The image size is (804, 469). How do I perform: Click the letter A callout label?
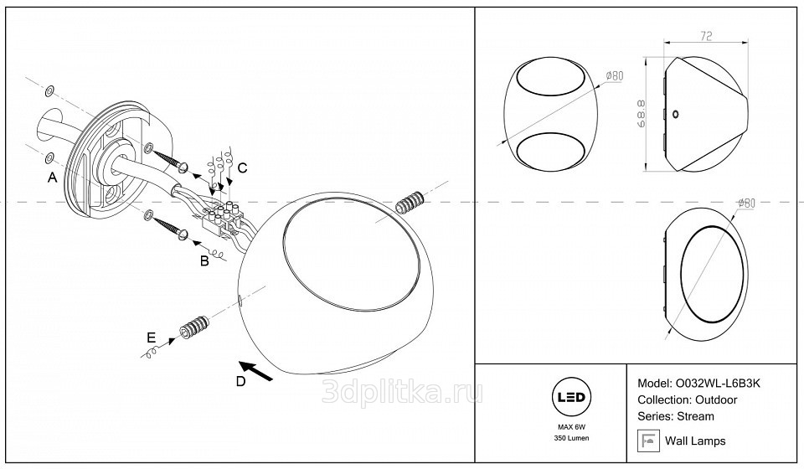pyautogui.click(x=52, y=178)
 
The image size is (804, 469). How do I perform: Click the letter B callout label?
pyautogui.click(x=204, y=261)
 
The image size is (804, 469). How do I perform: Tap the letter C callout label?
pyautogui.click(x=243, y=167)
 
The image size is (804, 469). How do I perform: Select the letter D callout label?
pyautogui.click(x=240, y=381)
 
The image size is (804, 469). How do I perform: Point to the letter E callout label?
pyautogui.click(x=151, y=338)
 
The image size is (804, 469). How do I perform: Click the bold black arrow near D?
pyautogui.click(x=256, y=371)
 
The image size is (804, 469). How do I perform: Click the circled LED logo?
pyautogui.click(x=571, y=397)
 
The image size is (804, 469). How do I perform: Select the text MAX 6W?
pyautogui.click(x=571, y=427)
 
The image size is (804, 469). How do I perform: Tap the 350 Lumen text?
pyautogui.click(x=571, y=438)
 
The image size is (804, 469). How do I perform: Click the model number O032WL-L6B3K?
pyautogui.click(x=718, y=383)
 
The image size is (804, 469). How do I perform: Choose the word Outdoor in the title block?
pyautogui.click(x=716, y=399)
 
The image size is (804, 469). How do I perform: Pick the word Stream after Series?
pyautogui.click(x=696, y=416)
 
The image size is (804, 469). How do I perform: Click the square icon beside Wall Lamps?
pyautogui.click(x=648, y=441)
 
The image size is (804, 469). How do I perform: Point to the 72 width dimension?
pyautogui.click(x=706, y=36)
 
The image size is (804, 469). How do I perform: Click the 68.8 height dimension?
pyautogui.click(x=641, y=114)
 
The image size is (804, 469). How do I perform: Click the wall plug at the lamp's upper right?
pyautogui.click(x=410, y=204)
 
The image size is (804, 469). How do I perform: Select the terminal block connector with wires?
pyautogui.click(x=223, y=219)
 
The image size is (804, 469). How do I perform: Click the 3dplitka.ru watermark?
pyautogui.click(x=403, y=393)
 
